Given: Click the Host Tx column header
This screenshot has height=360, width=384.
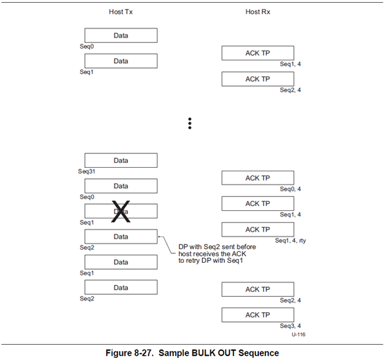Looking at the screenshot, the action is click(x=121, y=12).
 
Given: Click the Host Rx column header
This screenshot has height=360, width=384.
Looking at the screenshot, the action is click(x=258, y=12).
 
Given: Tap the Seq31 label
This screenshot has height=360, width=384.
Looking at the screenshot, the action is click(x=86, y=171).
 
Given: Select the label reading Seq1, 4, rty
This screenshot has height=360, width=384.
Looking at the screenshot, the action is click(x=290, y=241).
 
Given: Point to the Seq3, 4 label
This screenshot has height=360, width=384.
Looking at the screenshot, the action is click(x=290, y=326).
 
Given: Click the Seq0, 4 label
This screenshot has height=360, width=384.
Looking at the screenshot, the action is click(x=290, y=189).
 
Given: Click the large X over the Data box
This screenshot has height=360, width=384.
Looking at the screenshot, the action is click(x=121, y=212).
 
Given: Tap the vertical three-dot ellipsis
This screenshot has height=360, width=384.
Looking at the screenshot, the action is click(x=190, y=123).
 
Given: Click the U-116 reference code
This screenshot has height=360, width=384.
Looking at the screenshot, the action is click(x=299, y=334).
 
